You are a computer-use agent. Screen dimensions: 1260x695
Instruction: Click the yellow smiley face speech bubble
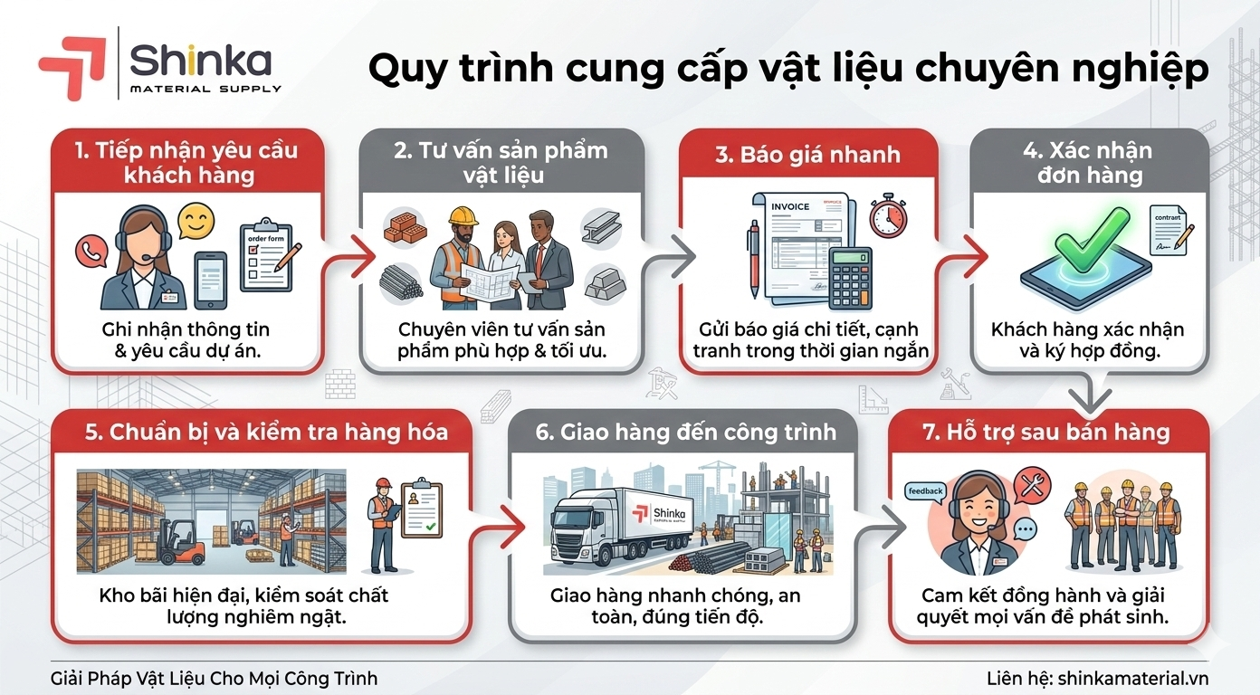coord(196,221)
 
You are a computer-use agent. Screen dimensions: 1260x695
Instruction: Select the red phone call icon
coord(91,252)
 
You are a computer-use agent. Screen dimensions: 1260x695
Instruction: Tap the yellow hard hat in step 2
coord(463,216)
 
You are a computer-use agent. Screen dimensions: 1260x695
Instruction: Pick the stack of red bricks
coord(405,229)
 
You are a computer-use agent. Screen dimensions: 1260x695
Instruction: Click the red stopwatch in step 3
coord(888,216)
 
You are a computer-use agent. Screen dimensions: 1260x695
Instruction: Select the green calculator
coord(851,279)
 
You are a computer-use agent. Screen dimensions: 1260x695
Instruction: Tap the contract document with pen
coord(1170,231)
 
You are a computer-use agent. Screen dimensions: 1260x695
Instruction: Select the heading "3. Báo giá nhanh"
coord(807,155)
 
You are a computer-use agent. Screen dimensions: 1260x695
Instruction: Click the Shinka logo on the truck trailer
coord(658,514)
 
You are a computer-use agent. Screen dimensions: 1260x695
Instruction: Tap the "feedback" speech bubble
coord(925,491)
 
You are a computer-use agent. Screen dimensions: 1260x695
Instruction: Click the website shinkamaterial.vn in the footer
coord(1133,679)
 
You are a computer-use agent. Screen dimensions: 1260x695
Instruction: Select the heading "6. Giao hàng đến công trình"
coord(685,432)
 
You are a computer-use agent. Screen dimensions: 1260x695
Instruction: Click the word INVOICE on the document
coord(789,207)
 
